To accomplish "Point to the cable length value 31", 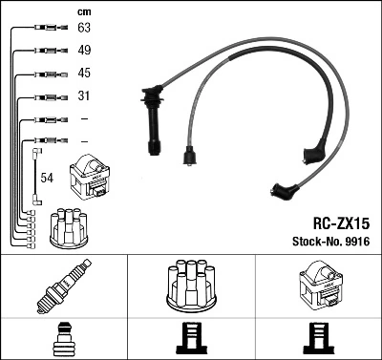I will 83,95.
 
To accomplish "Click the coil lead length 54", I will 47,177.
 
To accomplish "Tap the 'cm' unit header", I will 83,11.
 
